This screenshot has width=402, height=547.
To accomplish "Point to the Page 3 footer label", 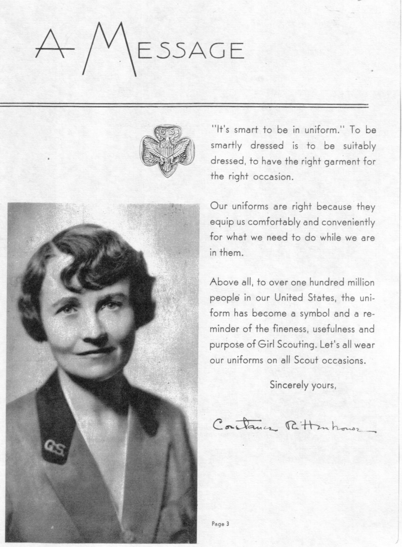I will (220, 524).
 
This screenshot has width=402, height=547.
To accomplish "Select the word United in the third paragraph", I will (289, 298).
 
